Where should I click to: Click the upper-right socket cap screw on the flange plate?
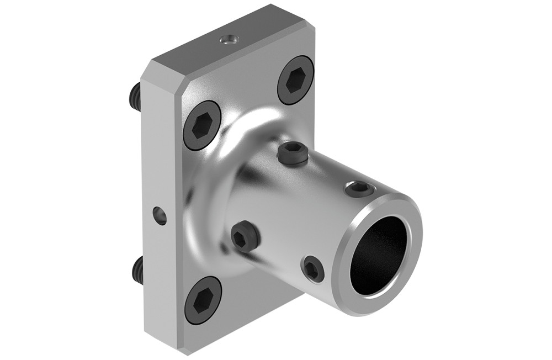pyautogui.click(x=295, y=81)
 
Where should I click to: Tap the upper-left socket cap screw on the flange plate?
pyautogui.click(x=202, y=125)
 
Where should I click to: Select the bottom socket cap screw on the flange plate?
pyautogui.click(x=203, y=300)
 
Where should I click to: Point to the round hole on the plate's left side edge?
pyautogui.click(x=159, y=215)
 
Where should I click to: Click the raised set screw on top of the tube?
pyautogui.click(x=293, y=153)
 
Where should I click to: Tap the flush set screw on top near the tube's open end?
pyautogui.click(x=358, y=189)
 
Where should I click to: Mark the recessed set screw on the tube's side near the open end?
pyautogui.click(x=313, y=269)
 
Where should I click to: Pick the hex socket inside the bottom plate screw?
pyautogui.click(x=203, y=300)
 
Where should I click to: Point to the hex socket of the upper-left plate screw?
pyautogui.click(x=202, y=125)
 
